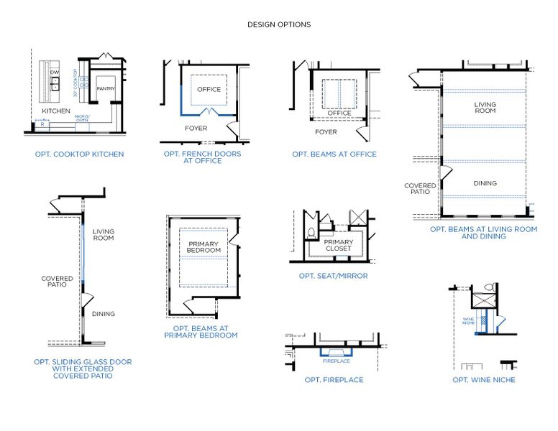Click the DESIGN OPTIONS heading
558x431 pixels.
(x=279, y=24)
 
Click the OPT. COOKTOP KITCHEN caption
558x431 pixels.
(x=79, y=154)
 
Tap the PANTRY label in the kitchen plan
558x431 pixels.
(x=106, y=88)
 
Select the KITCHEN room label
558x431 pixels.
(x=56, y=111)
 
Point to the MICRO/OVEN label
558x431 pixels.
(x=82, y=119)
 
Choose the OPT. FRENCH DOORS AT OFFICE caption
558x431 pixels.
(x=202, y=157)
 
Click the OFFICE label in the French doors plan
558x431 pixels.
(x=209, y=90)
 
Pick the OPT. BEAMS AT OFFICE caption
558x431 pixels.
(x=334, y=154)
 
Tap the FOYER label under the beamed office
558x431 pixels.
(x=326, y=132)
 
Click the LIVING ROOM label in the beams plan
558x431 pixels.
(x=485, y=108)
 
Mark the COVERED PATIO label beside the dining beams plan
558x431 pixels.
(x=420, y=189)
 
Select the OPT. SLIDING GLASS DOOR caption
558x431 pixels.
(x=83, y=369)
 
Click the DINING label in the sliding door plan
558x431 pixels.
(x=103, y=314)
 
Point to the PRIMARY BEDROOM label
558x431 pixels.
(x=203, y=247)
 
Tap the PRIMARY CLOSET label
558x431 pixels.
(x=338, y=246)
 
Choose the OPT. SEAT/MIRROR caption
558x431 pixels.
(x=333, y=276)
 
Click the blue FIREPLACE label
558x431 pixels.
(x=336, y=361)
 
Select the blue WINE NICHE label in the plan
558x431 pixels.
(x=468, y=321)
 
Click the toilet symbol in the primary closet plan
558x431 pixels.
(x=311, y=233)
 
